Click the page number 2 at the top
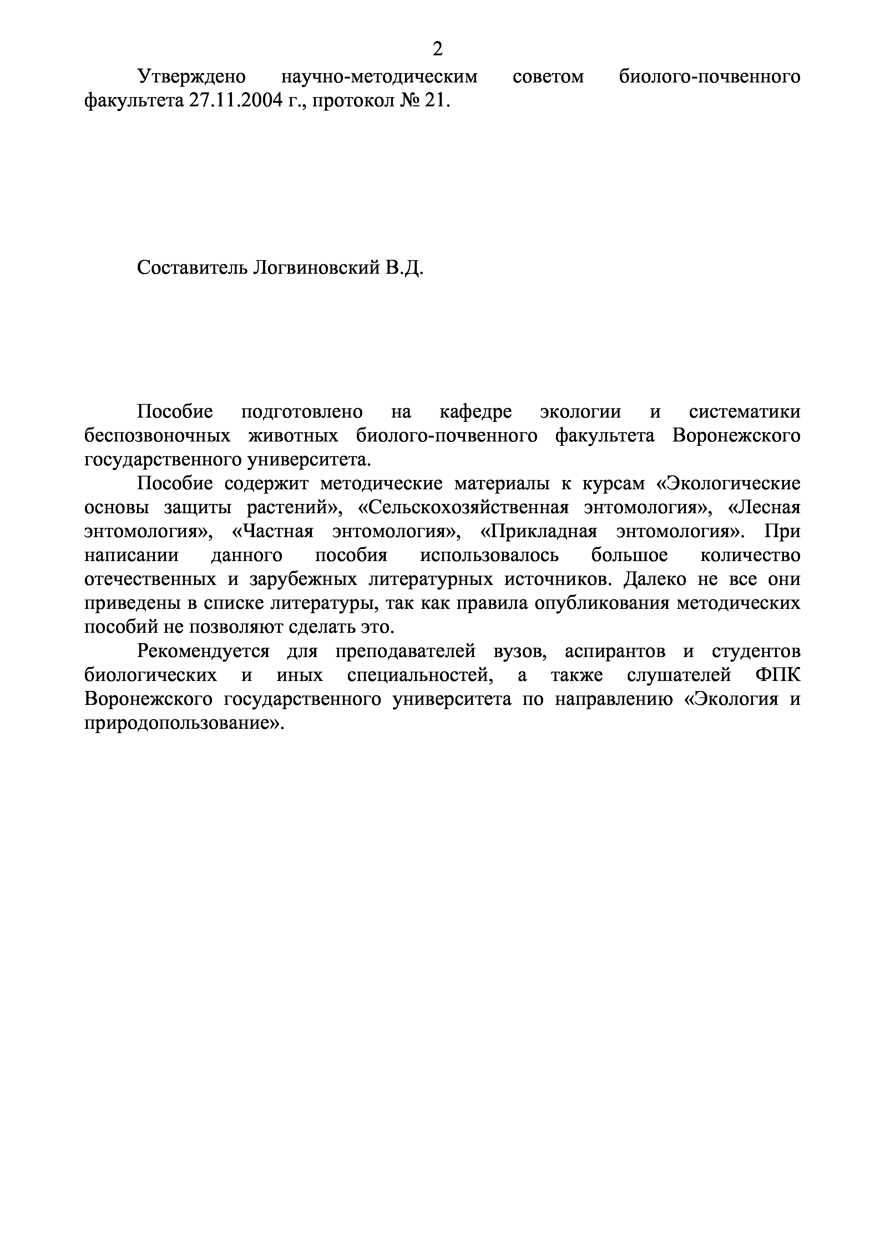tap(437, 50)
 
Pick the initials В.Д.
tap(405, 267)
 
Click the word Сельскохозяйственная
tap(463, 508)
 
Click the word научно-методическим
tap(379, 76)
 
